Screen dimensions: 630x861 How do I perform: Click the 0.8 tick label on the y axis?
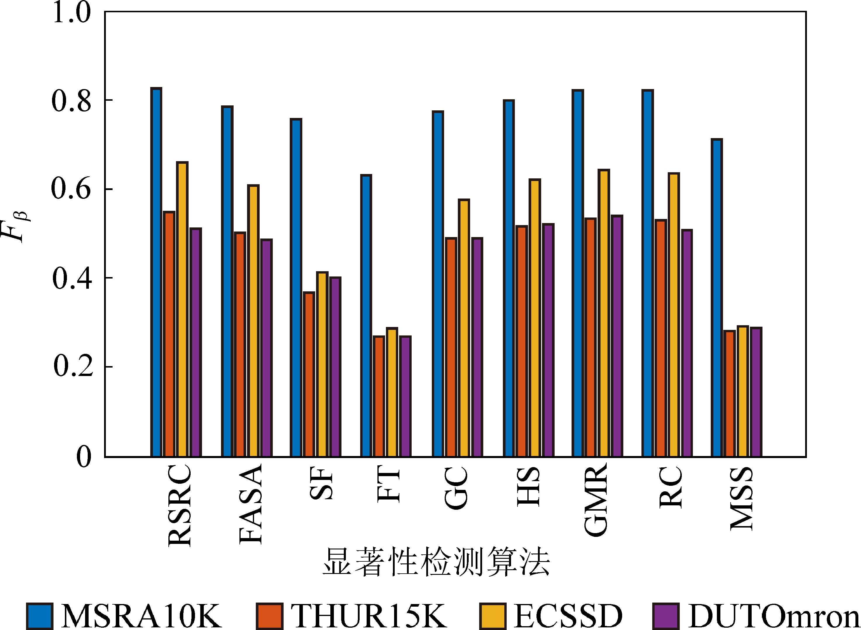pos(71,101)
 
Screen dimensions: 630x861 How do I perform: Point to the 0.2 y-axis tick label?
pos(73,366)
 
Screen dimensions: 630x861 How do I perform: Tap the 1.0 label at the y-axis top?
pos(71,12)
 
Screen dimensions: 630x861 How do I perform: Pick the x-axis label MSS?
pos(741,498)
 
